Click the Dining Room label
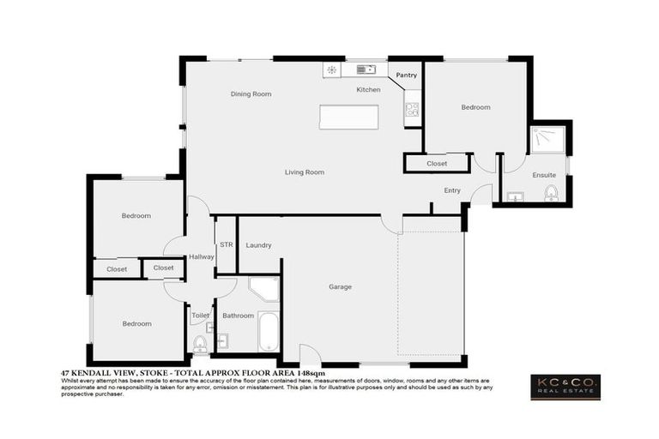[251, 93]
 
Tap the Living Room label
[305, 172]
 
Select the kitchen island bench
[348, 117]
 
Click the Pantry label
[407, 75]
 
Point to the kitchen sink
[366, 69]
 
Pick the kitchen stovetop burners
[412, 109]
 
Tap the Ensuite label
[544, 175]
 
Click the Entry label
[452, 190]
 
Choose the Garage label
[341, 286]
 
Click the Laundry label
[258, 245]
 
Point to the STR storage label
[226, 245]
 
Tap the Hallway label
[202, 256]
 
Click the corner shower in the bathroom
[263, 289]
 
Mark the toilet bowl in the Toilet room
[200, 344]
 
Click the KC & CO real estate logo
[565, 387]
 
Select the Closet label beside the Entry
[437, 163]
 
